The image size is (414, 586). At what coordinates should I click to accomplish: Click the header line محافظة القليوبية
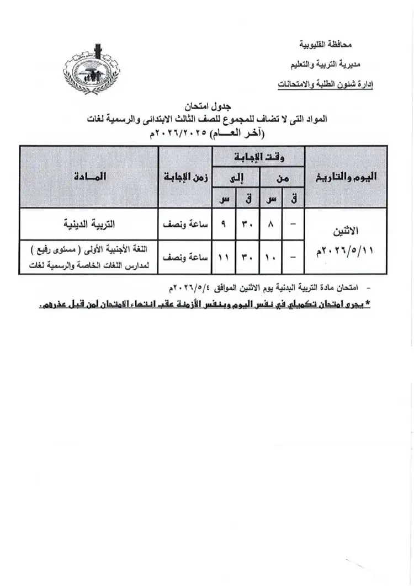click(x=325, y=44)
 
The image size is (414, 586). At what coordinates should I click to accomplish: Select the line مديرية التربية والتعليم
click(x=323, y=65)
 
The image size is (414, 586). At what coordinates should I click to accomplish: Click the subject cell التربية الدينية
click(x=88, y=224)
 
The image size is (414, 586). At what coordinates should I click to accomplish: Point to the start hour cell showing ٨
click(x=271, y=225)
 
